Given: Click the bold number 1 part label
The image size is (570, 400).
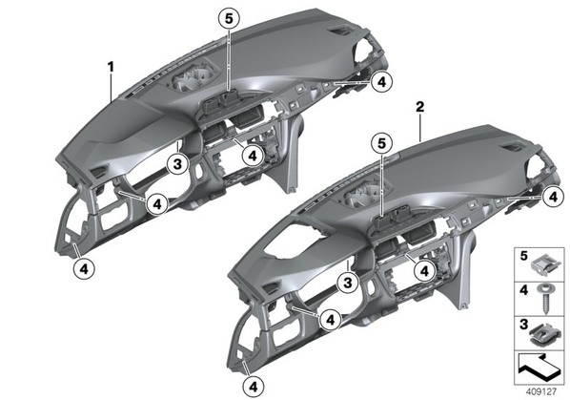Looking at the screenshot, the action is coord(111,67).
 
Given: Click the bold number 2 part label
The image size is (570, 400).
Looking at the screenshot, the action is coord(420,107).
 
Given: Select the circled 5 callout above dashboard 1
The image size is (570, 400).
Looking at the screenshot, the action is coord(229,18).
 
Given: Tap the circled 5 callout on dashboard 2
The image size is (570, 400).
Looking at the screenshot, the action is coord(381,143).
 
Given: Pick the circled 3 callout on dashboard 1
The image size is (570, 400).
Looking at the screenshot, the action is coord(177,164).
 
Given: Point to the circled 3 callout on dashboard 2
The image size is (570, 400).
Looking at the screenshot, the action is coord(348,282).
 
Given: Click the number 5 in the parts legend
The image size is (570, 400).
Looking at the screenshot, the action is coord(523,256).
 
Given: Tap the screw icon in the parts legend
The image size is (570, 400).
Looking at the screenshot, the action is coord(544,299).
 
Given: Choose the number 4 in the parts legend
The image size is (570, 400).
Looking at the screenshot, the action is coord(523,290).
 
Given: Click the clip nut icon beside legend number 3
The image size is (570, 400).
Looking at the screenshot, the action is coord(544,334).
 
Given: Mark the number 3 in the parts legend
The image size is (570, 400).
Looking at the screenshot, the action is coord(523,325).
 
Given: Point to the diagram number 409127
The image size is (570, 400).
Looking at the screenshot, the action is coord(540,391).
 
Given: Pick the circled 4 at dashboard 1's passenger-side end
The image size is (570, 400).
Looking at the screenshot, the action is coord(381,82).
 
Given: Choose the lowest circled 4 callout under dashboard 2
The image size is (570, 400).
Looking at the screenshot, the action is coord(254,387).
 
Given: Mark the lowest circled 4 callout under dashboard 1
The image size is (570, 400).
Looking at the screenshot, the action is coord(84,269).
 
